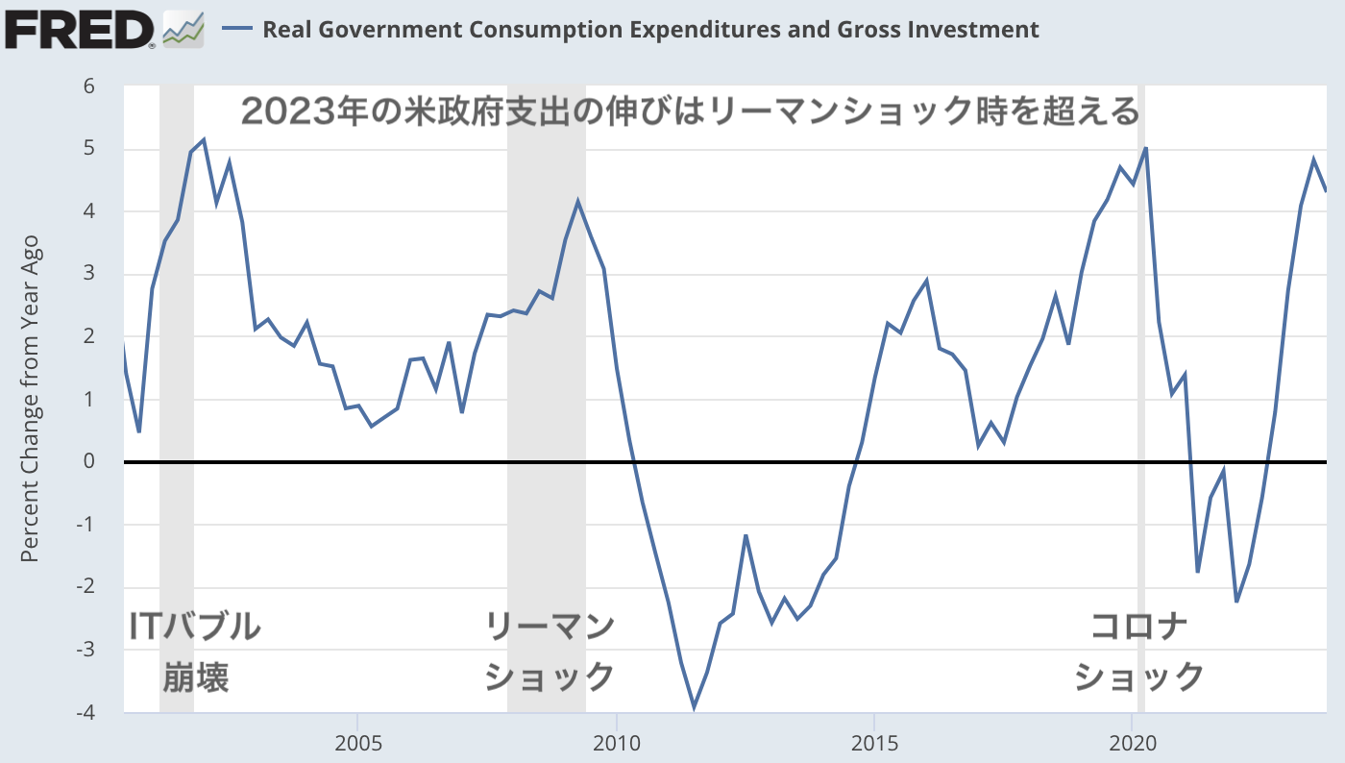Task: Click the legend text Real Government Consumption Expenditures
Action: (x=649, y=30)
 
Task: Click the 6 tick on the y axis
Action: (x=89, y=86)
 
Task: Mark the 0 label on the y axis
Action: (x=89, y=462)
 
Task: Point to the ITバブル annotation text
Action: (x=195, y=627)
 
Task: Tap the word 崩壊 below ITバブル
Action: (x=195, y=677)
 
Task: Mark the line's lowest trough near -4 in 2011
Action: (x=694, y=708)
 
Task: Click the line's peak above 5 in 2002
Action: (x=204, y=140)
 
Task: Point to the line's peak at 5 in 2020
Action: (x=1146, y=148)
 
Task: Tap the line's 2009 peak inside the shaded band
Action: (x=577, y=202)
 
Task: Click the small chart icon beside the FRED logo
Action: (x=183, y=29)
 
